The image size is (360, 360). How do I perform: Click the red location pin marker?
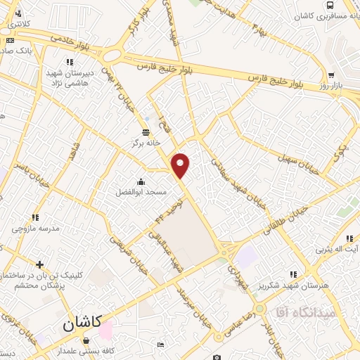181,165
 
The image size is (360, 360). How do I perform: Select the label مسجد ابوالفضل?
141,191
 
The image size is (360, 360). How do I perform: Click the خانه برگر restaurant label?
146,142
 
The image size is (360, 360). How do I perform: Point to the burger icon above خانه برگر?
146,132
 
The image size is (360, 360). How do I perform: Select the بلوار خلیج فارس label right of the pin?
281,79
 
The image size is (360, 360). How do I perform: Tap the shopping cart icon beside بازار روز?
330,75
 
